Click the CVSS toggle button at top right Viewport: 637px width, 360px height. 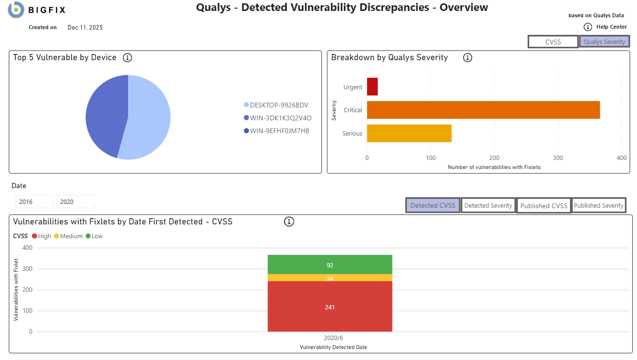pyautogui.click(x=553, y=42)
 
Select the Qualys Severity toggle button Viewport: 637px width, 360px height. pyautogui.click(x=604, y=42)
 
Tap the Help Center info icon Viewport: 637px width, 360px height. pyautogui.click(x=588, y=27)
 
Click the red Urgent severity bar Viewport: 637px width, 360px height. pyautogui.click(x=372, y=87)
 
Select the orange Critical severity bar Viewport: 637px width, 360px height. pyautogui.click(x=483, y=110)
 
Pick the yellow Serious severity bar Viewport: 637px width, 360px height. pyautogui.click(x=409, y=133)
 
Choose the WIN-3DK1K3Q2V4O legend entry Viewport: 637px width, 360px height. pyautogui.click(x=280, y=118)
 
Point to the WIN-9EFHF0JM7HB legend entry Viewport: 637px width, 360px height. pyautogui.click(x=279, y=131)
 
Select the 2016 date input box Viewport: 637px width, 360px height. pyautogui.click(x=34, y=202)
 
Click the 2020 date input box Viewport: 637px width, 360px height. pyautogui.click(x=75, y=202)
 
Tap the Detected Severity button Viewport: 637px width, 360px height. pyautogui.click(x=488, y=206)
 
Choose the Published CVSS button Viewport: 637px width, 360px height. pyautogui.click(x=543, y=206)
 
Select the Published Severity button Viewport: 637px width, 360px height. pyautogui.click(x=598, y=206)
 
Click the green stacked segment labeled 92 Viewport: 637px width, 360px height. pyautogui.click(x=330, y=265)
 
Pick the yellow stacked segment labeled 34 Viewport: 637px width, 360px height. pyautogui.click(x=330, y=278)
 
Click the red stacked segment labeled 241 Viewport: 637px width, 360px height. pyautogui.click(x=330, y=307)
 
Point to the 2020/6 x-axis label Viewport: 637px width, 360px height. pyautogui.click(x=330, y=338)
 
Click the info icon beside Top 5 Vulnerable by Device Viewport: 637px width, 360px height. pyautogui.click(x=127, y=58)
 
